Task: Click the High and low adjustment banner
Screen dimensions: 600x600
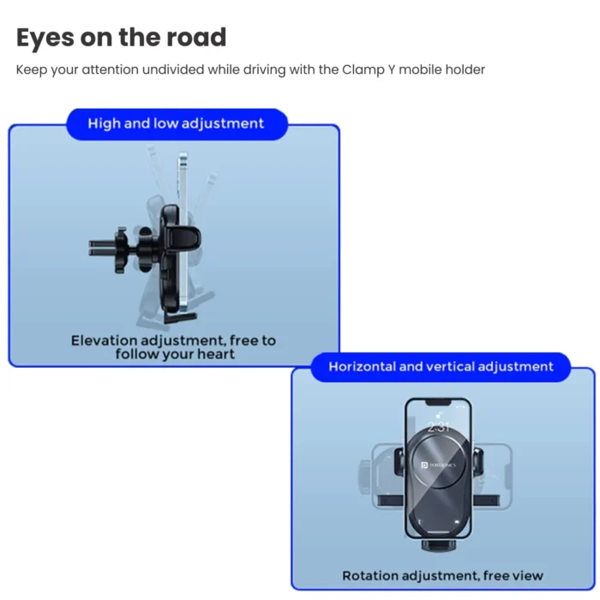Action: [176, 123]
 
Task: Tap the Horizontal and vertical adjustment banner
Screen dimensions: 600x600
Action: [441, 367]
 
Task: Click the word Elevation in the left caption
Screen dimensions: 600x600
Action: [104, 340]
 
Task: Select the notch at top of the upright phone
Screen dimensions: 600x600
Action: [438, 402]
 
